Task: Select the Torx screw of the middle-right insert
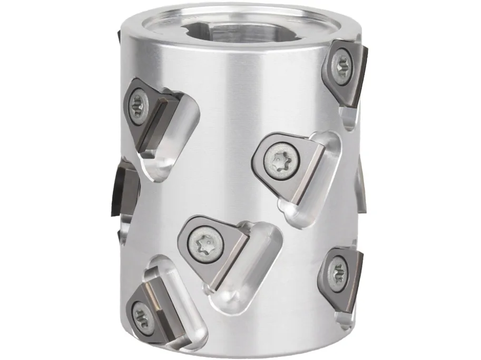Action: [277, 157]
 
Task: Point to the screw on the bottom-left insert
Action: [141, 315]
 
